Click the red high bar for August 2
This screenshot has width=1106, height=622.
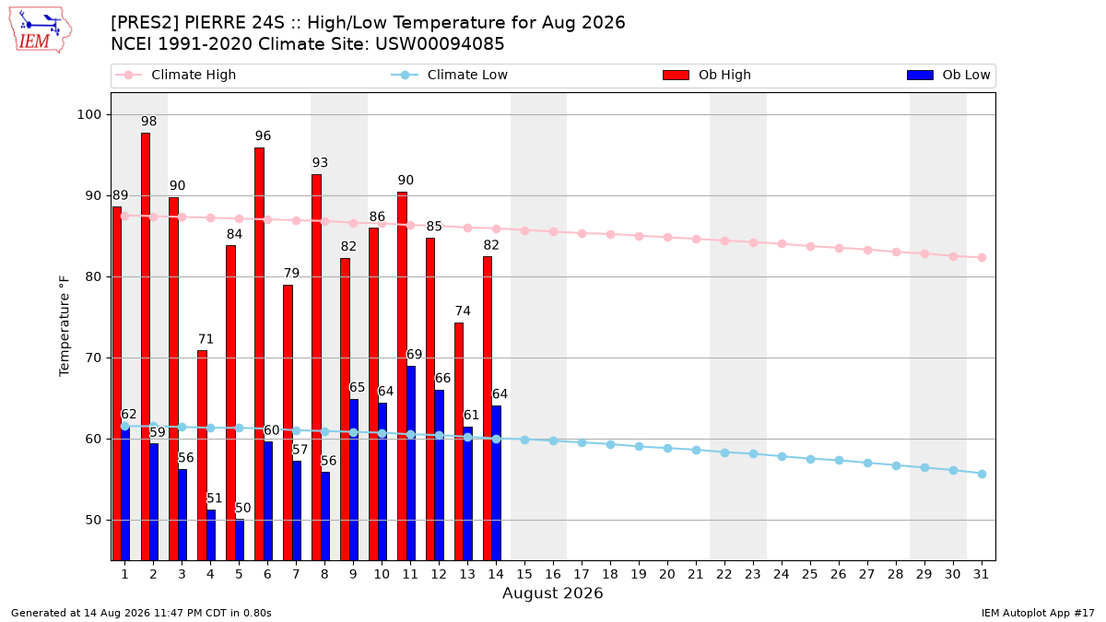pos(146,346)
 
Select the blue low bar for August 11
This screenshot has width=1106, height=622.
pos(411,463)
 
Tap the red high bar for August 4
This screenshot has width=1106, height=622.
pos(203,455)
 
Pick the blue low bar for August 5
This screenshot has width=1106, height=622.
pos(240,540)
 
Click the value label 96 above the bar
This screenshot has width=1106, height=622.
pos(264,135)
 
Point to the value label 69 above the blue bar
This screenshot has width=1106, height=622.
pos(414,355)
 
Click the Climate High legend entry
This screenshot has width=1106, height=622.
pos(175,75)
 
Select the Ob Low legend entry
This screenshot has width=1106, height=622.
pos(948,75)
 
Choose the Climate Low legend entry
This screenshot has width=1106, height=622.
pos(450,75)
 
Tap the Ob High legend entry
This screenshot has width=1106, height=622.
pos(707,75)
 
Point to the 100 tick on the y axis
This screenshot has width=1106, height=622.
pos(88,114)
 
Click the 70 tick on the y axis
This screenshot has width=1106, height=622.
pos(93,358)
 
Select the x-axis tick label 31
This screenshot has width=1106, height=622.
pos(981,574)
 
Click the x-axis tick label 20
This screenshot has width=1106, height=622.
pos(667,574)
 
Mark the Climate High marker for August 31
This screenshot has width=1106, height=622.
pos(982,258)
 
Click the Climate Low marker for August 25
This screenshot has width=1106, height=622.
pos(810,459)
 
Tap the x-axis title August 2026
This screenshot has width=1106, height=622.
pos(552,593)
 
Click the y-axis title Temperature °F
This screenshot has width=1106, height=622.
pos(65,326)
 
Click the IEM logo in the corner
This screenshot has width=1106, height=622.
pos(40,30)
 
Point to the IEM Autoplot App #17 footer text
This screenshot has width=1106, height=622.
pos(1038,613)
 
